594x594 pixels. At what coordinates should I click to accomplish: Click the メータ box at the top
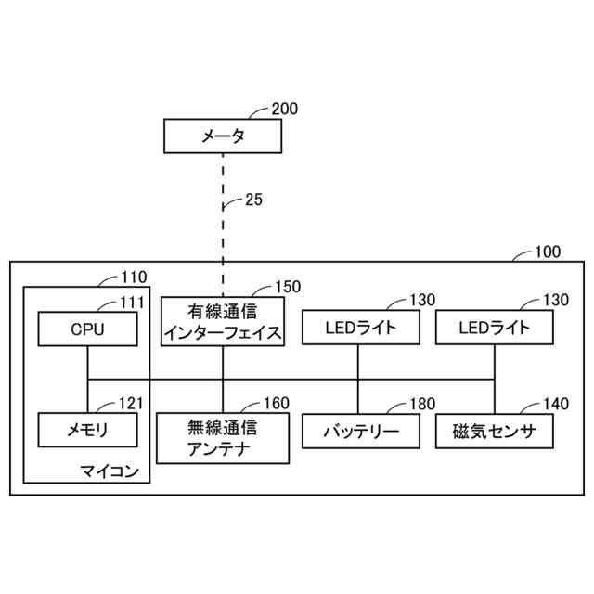point(223,136)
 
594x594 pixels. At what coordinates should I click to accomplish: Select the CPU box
point(88,328)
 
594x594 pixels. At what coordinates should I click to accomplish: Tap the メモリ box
point(88,430)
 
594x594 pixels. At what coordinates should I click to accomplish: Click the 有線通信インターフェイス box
point(222,321)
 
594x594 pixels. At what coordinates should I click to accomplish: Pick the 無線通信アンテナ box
point(222,439)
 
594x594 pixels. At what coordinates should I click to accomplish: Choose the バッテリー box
point(358,431)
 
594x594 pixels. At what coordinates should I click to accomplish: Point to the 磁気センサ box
point(494,431)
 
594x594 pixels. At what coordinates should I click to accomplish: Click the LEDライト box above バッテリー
point(358,328)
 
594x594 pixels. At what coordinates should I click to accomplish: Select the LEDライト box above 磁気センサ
point(494,328)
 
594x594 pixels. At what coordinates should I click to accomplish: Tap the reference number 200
point(285,109)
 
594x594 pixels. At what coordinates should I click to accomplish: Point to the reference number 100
point(548,251)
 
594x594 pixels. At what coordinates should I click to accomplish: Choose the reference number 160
point(276,403)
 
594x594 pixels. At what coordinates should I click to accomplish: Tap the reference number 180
point(409,405)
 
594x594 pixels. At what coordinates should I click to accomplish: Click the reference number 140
point(545,405)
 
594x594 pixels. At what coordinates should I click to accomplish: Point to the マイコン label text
point(110,471)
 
